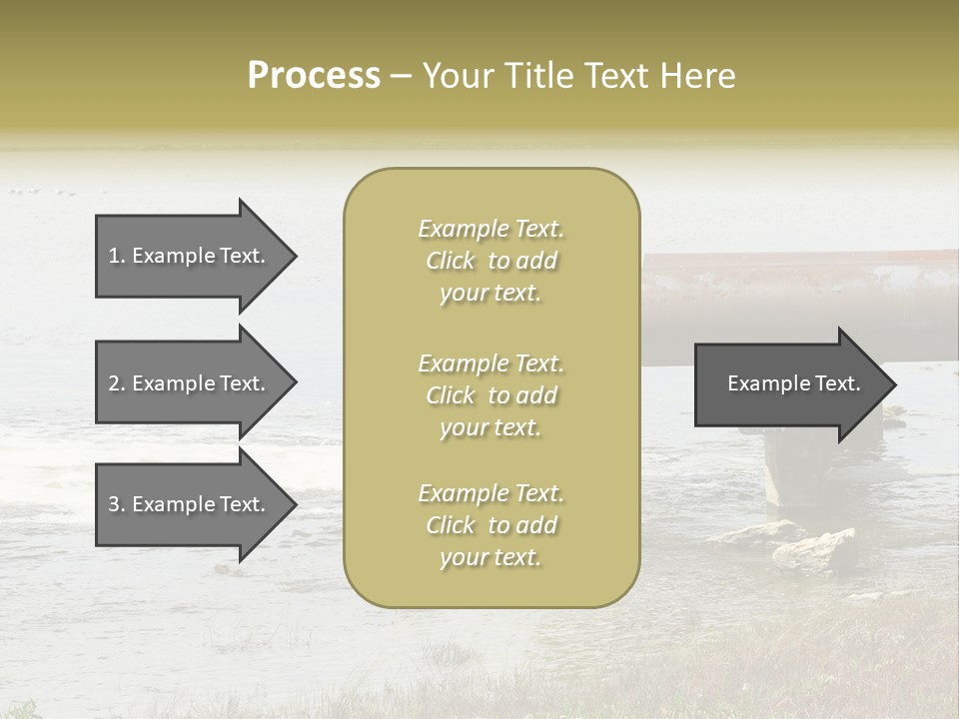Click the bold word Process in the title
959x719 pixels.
coord(314,76)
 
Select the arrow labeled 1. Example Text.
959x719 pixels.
coord(190,256)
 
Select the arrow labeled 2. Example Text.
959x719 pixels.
coord(190,383)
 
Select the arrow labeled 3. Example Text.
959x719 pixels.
coord(190,504)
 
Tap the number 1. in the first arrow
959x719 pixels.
coord(117,256)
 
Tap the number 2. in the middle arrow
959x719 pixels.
coord(117,383)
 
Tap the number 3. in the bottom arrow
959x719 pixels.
coord(117,504)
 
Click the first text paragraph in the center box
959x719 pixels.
coord(490,261)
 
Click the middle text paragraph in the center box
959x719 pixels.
coord(490,395)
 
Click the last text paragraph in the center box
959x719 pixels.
coord(490,525)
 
